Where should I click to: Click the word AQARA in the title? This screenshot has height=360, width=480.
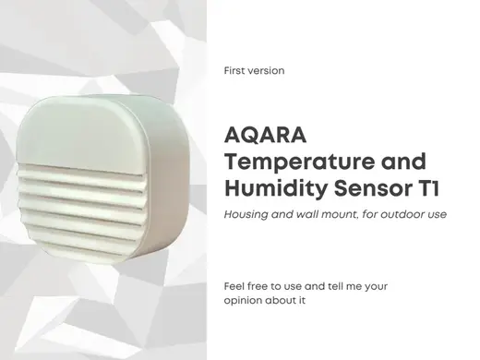coord(265,136)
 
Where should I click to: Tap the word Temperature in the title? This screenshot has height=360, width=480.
coord(298,162)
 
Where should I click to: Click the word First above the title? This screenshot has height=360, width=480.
coord(234,71)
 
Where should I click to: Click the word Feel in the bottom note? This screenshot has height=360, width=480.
coord(234,286)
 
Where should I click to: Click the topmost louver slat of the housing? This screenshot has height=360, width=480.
coord(81,172)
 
